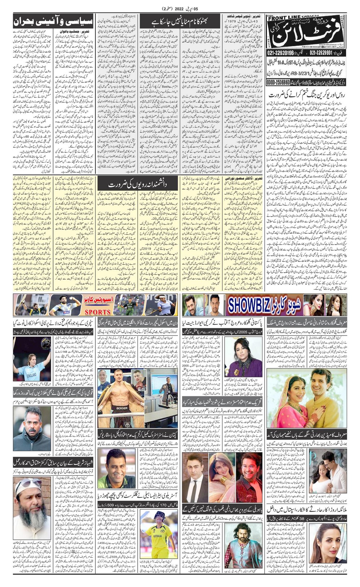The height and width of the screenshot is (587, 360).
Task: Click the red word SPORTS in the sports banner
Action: pos(95,312)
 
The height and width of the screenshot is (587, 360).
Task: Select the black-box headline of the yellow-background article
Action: pos(139,184)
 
